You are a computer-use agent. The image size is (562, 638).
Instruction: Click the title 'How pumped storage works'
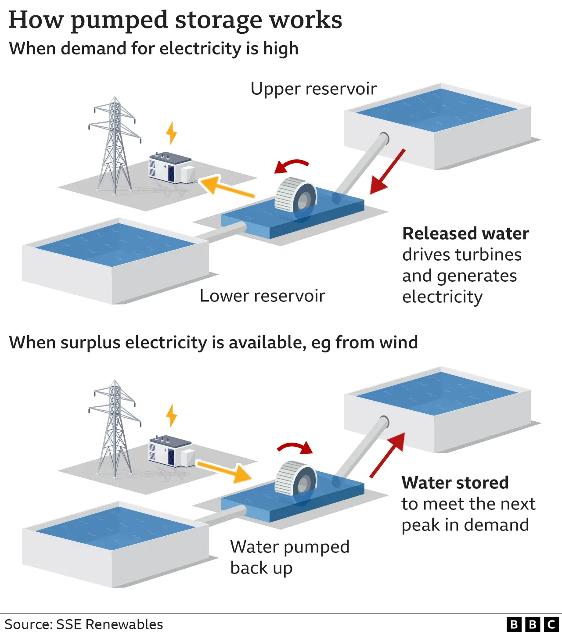(175, 20)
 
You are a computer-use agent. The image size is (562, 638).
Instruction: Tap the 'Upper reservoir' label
(313, 89)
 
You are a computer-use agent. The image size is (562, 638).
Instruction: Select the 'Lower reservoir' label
(262, 296)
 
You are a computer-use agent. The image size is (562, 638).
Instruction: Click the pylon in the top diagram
(115, 145)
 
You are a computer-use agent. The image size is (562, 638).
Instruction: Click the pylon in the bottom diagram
(115, 428)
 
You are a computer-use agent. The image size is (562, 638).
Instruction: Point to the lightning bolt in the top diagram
(172, 133)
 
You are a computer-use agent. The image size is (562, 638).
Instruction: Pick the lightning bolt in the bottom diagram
(172, 416)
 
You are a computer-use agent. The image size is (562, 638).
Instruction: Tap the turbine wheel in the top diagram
(295, 196)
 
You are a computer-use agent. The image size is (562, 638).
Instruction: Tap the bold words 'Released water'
(465, 234)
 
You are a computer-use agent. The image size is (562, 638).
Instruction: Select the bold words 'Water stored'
(455, 483)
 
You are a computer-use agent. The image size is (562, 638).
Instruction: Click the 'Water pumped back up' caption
(289, 557)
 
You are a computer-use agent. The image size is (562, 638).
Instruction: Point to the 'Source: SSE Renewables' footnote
(84, 624)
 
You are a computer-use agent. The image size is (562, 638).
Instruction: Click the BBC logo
(532, 624)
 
